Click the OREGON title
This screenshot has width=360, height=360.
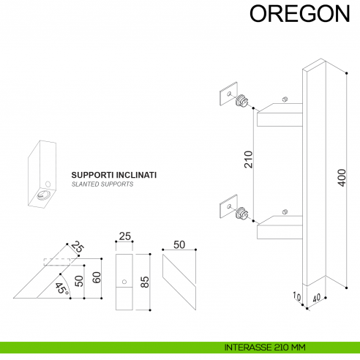300,14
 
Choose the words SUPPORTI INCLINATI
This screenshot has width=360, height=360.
113,176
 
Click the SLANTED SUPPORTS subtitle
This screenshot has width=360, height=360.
102,186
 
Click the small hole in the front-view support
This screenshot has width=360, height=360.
124,282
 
